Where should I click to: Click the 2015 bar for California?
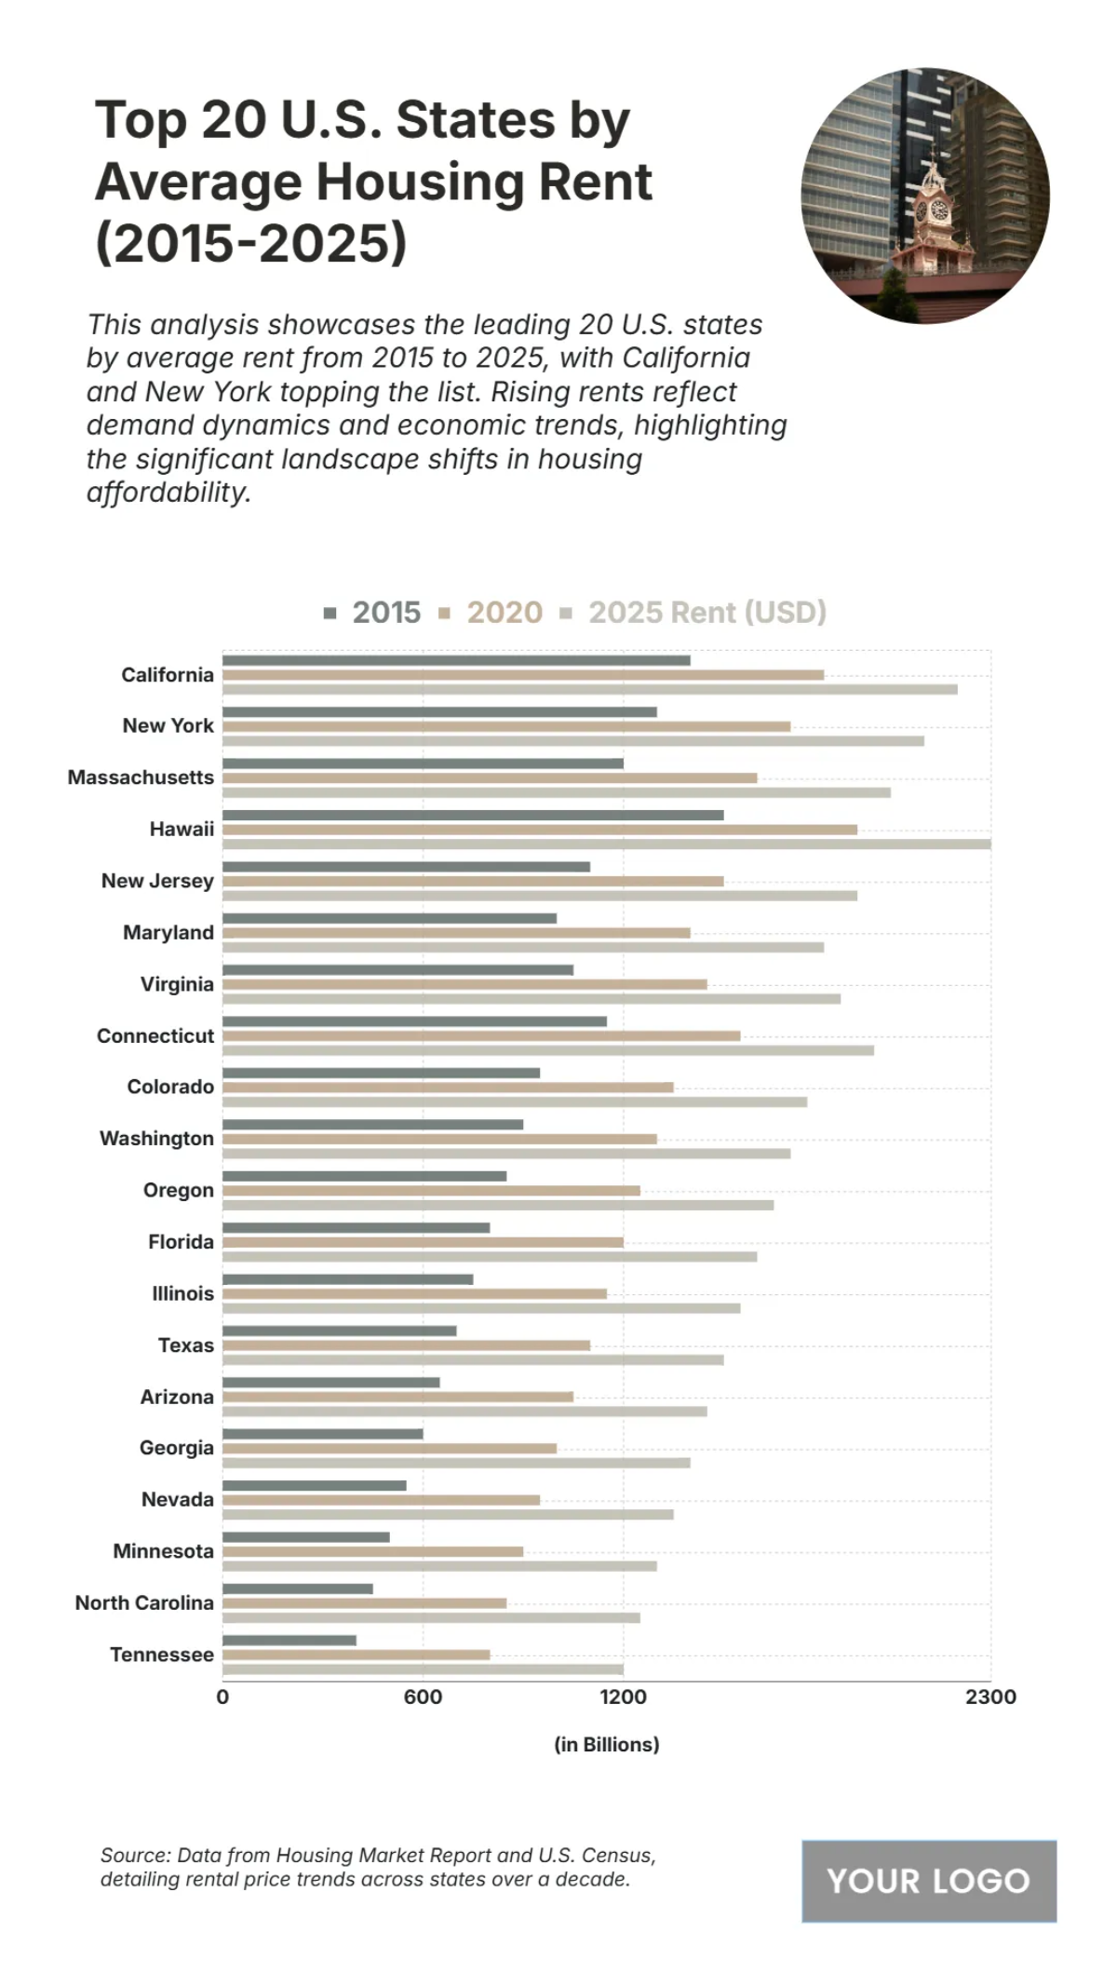point(456,660)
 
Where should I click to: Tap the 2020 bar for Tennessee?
point(356,1655)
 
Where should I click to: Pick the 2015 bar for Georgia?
point(322,1434)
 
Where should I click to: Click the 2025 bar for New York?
point(572,741)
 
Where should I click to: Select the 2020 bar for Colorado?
point(447,1088)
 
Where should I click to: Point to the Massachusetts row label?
point(141,777)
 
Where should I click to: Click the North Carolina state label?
point(144,1602)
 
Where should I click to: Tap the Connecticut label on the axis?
point(155,1035)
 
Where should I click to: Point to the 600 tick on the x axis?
point(423,1696)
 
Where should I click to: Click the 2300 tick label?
point(990,1696)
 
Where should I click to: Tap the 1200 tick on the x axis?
point(623,1696)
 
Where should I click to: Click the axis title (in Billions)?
point(606,1744)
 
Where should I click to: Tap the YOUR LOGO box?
point(928,1881)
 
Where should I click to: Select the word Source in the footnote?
point(134,1855)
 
